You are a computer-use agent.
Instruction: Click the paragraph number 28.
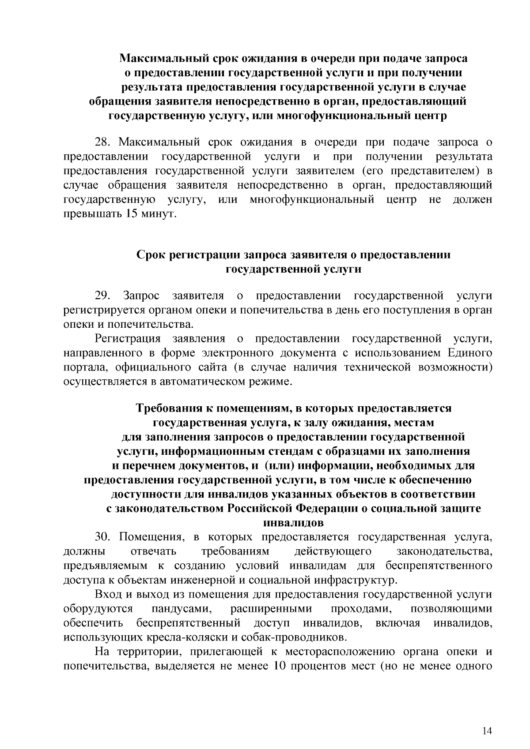click(103, 142)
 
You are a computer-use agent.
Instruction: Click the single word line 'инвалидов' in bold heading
click(293, 523)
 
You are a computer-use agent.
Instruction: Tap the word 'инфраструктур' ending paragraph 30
click(349, 580)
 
